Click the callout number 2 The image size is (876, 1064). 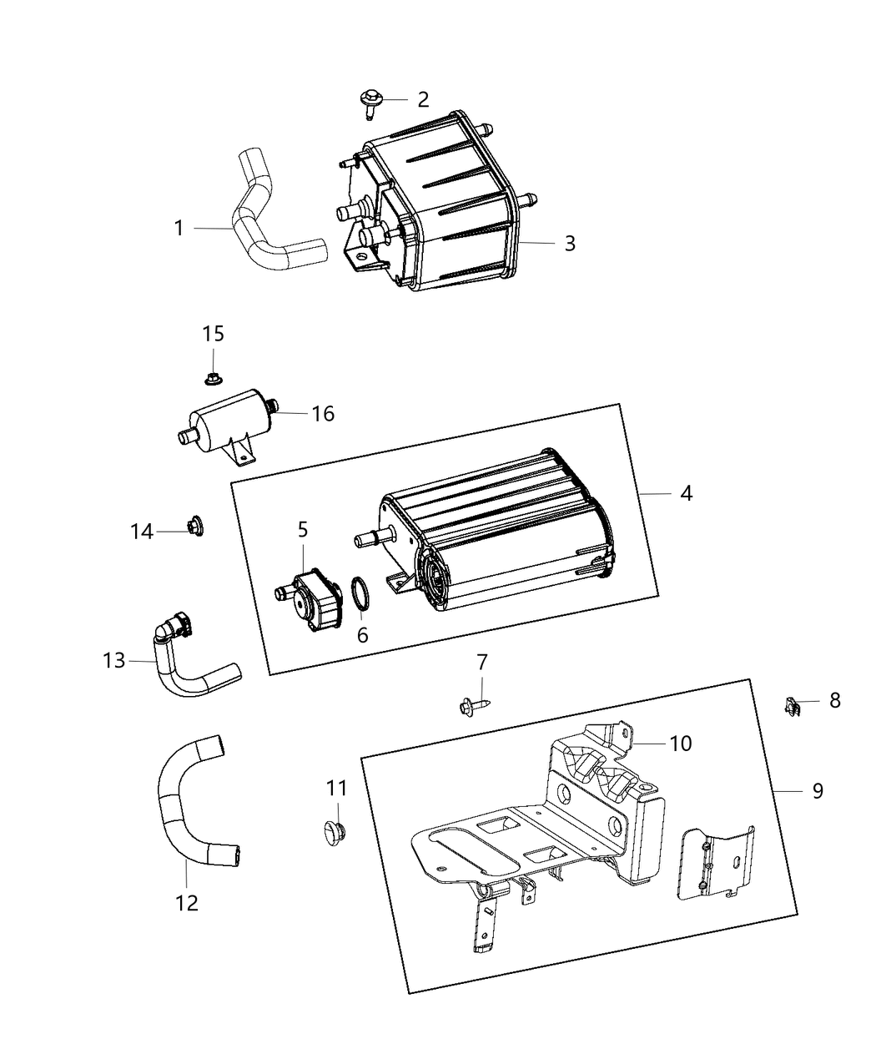[x=423, y=99]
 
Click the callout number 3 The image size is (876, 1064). [x=570, y=243]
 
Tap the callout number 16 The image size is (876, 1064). [x=322, y=413]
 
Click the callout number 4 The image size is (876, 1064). [x=686, y=493]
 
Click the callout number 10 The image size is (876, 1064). [x=681, y=743]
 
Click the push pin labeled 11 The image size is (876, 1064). [x=336, y=832]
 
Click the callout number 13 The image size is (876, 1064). [x=114, y=660]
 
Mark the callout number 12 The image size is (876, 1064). [x=187, y=902]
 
